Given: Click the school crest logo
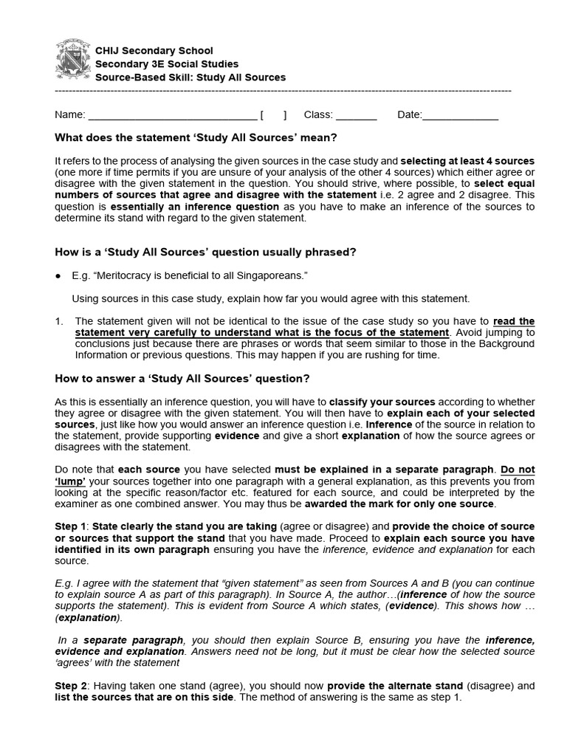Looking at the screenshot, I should [x=73, y=61].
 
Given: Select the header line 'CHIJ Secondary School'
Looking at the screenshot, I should [x=154, y=50].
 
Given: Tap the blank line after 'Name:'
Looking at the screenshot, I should [x=171, y=116].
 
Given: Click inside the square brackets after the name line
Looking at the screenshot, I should [x=273, y=115].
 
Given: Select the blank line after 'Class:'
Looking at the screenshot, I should [x=357, y=116].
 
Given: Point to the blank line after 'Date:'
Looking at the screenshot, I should [x=460, y=116].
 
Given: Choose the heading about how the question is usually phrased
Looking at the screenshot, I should [x=206, y=252].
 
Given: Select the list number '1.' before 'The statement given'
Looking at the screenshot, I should [x=59, y=321].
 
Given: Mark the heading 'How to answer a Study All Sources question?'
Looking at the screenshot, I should [x=182, y=379].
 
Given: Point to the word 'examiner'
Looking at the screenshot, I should [x=79, y=504].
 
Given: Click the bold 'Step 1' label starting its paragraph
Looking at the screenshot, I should [x=72, y=526].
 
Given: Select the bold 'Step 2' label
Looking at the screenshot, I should [x=72, y=686].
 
